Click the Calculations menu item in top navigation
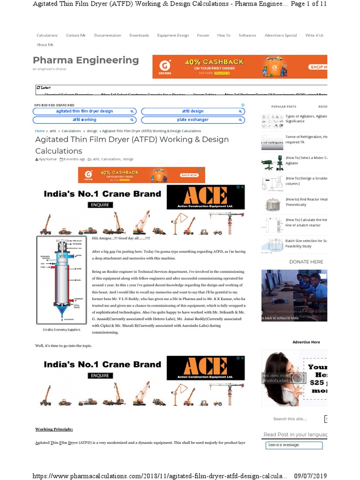(x=47, y=35)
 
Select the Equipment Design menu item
(x=173, y=35)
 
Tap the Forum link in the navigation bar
(x=203, y=35)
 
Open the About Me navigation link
(x=45, y=45)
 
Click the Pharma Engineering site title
(x=86, y=60)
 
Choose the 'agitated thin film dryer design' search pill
(x=84, y=112)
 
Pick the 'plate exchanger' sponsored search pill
(x=193, y=120)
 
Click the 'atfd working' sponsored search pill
(x=84, y=120)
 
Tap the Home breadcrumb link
(x=40, y=131)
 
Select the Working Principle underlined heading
(x=54, y=429)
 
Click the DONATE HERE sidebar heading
(x=306, y=262)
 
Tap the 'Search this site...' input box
(x=295, y=419)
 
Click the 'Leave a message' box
(x=294, y=445)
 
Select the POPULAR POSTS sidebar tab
(x=284, y=107)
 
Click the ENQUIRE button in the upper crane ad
(x=100, y=205)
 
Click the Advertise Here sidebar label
(x=306, y=342)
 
